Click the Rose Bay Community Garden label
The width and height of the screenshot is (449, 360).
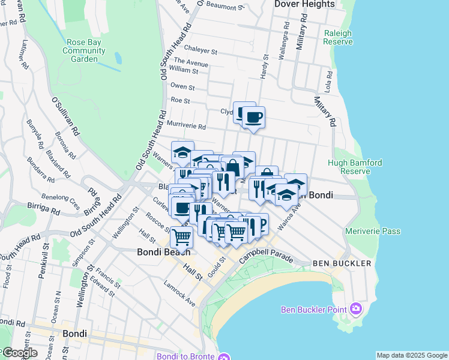click(83, 50)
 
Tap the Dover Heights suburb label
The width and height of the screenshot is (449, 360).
click(304, 4)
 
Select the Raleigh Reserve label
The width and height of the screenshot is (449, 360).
click(337, 37)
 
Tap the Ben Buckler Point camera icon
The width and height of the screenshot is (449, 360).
click(356, 309)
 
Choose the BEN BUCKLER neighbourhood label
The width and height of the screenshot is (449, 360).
click(336, 263)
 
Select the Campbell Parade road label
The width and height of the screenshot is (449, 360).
click(266, 256)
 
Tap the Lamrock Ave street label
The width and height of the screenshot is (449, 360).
click(180, 293)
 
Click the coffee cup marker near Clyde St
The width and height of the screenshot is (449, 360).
click(253, 117)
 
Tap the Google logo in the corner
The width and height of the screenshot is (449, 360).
click(20, 353)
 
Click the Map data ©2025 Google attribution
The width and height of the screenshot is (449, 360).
click(412, 355)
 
